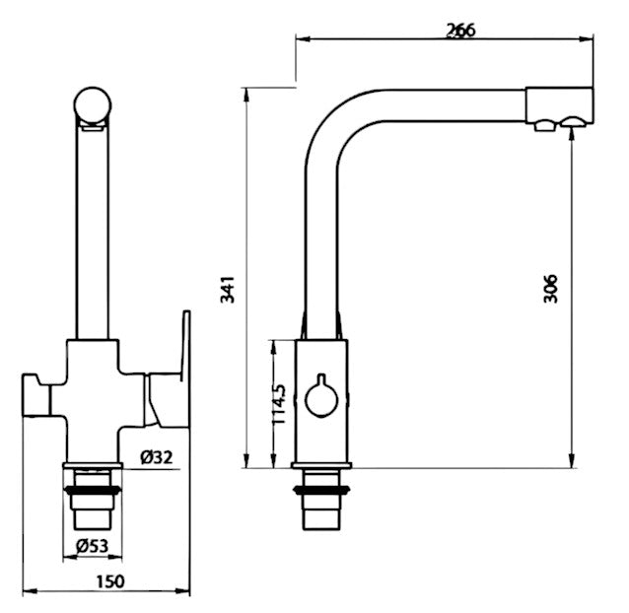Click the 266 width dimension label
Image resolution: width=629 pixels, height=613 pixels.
pos(461,31)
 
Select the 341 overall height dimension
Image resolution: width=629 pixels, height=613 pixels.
pos(228,289)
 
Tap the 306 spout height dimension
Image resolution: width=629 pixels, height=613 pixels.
pos(550,288)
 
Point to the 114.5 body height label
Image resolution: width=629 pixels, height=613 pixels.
pos(279,404)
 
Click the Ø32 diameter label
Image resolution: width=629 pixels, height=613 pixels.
pos(157,457)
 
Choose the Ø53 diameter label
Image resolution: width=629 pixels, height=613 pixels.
pos(93,546)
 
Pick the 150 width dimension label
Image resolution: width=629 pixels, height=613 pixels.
pos(110,581)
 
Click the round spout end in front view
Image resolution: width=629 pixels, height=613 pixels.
pos(93,105)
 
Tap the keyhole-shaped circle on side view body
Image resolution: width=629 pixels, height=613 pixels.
pos(321,396)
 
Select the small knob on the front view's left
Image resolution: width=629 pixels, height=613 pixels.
pos(35,395)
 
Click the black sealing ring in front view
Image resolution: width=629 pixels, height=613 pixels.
pos(93,490)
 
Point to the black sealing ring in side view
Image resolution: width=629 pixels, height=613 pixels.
pos(321,489)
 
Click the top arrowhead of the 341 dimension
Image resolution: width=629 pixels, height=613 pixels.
pos(247,95)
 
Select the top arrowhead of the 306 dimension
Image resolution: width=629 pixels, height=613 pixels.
pos(572,133)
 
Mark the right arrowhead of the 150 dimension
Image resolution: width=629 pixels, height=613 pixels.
pos(183,591)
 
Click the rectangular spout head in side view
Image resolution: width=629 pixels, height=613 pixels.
pos(560,104)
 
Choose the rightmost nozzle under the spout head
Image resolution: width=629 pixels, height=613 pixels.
pos(574,121)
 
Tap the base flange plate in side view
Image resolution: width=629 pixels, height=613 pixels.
pos(321,465)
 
